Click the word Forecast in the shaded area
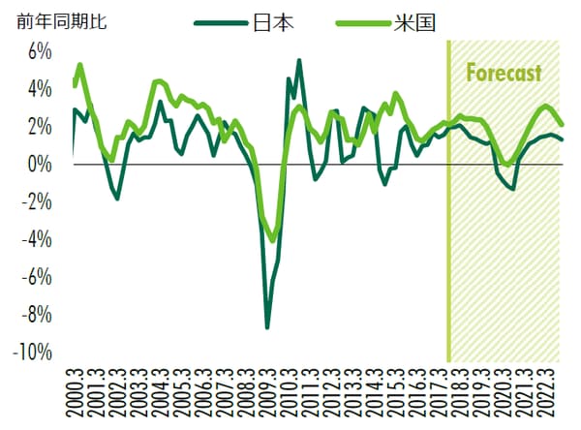[504, 74]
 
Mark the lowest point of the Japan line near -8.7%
[267, 327]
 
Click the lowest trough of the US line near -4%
[273, 240]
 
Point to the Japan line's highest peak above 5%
[298, 60]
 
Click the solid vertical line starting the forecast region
[448, 194]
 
